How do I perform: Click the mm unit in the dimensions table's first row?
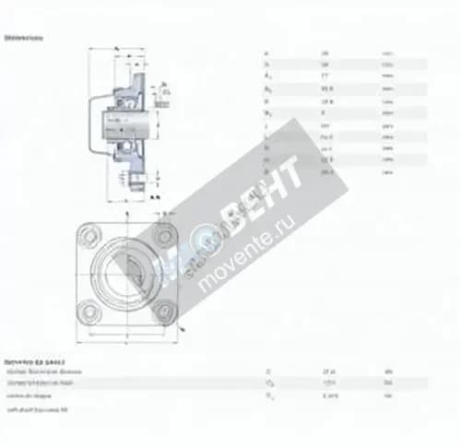pyautogui.click(x=387, y=53)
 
